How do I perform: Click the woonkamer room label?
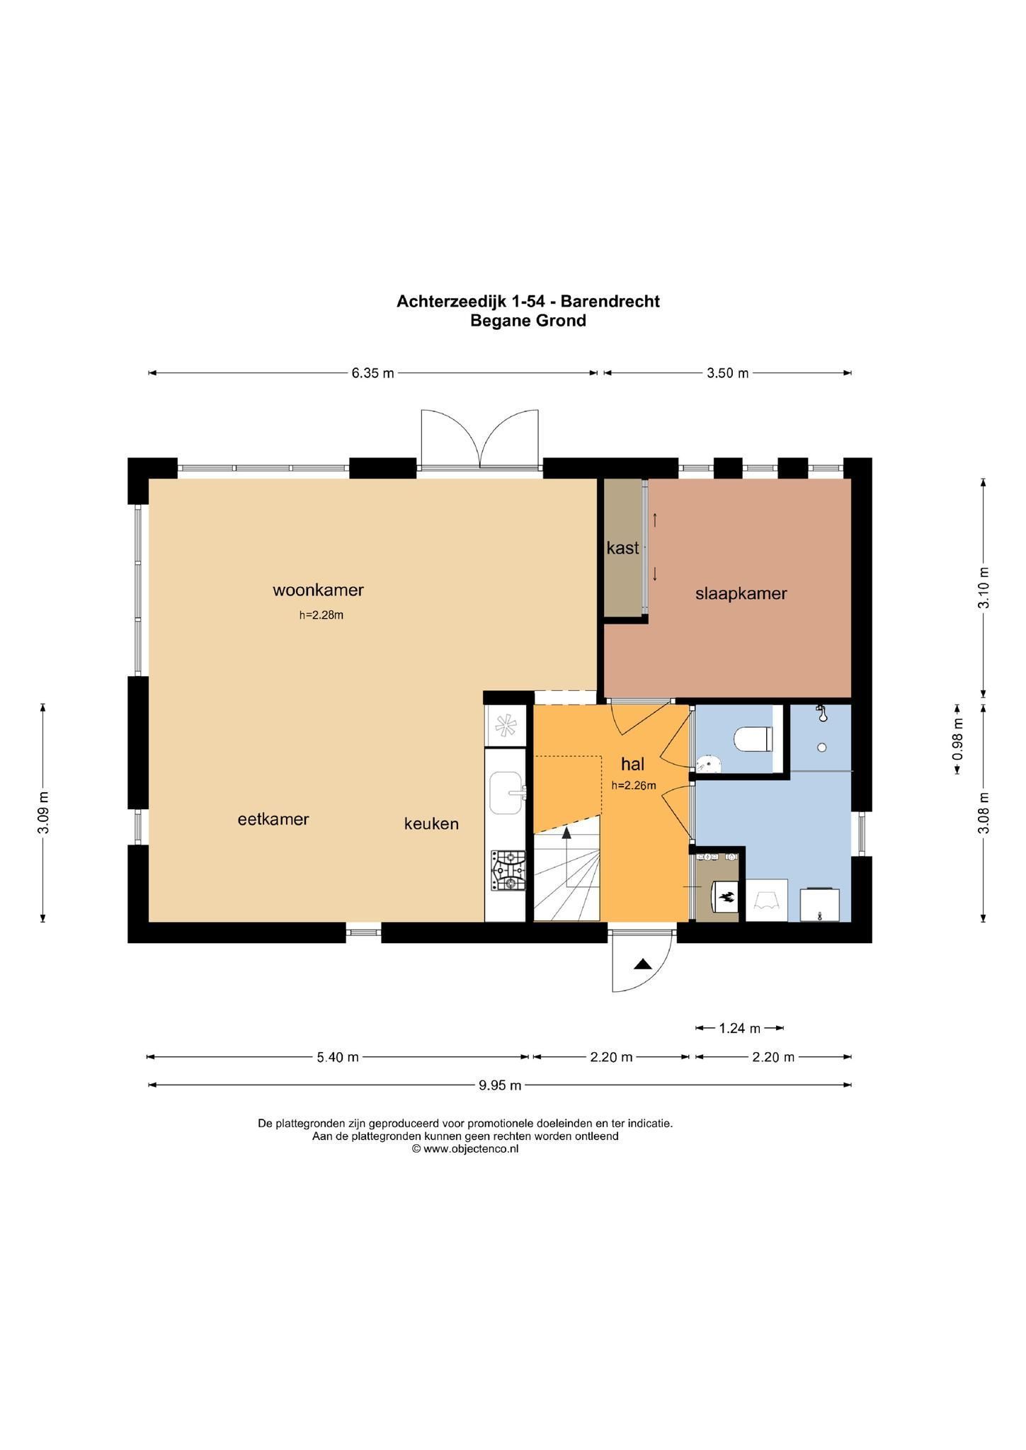click(x=318, y=589)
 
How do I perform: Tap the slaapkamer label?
click(x=741, y=593)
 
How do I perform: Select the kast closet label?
click(x=622, y=547)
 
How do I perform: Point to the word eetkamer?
click(x=273, y=819)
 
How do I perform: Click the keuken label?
click(x=431, y=823)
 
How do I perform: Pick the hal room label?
click(x=632, y=764)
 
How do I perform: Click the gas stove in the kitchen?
click(x=508, y=870)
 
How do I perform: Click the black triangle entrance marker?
click(x=642, y=964)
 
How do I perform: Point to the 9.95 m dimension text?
click(x=500, y=1085)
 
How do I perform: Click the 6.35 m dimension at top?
click(x=372, y=373)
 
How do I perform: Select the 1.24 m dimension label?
click(x=739, y=1028)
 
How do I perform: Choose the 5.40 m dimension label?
click(x=338, y=1057)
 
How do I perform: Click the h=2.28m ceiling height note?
click(x=321, y=615)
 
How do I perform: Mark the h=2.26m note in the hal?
click(x=634, y=784)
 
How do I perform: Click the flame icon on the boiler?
click(x=726, y=898)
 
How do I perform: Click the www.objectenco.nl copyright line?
click(x=465, y=1149)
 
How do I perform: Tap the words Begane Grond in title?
click(x=528, y=321)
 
